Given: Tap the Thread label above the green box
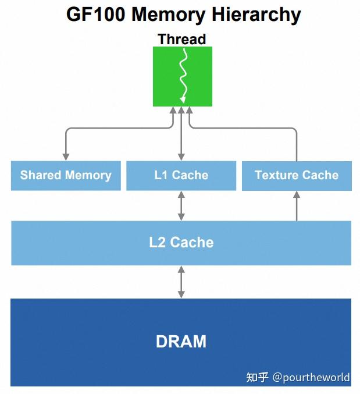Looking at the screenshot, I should pos(181,40).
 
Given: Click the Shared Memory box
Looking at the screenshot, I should pos(66,176).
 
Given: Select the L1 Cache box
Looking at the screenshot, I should pos(181,176).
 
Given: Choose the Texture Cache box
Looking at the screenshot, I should pos(297,176).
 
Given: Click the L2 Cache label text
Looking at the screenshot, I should pos(181,243).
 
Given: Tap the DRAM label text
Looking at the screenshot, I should pos(181,342).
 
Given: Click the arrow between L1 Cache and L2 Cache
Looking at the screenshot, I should pos(181,205).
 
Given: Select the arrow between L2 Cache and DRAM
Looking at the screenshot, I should pos(181,282).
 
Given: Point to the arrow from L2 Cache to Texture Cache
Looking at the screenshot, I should pos(297,206).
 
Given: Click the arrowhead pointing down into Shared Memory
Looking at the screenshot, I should pos(66,156).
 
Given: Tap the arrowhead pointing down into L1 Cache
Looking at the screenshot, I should pos(181,156).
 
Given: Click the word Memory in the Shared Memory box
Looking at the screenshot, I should pos(88,176).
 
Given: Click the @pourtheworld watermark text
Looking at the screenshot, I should pos(311,378).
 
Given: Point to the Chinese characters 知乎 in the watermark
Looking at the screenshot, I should pos(257,378).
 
